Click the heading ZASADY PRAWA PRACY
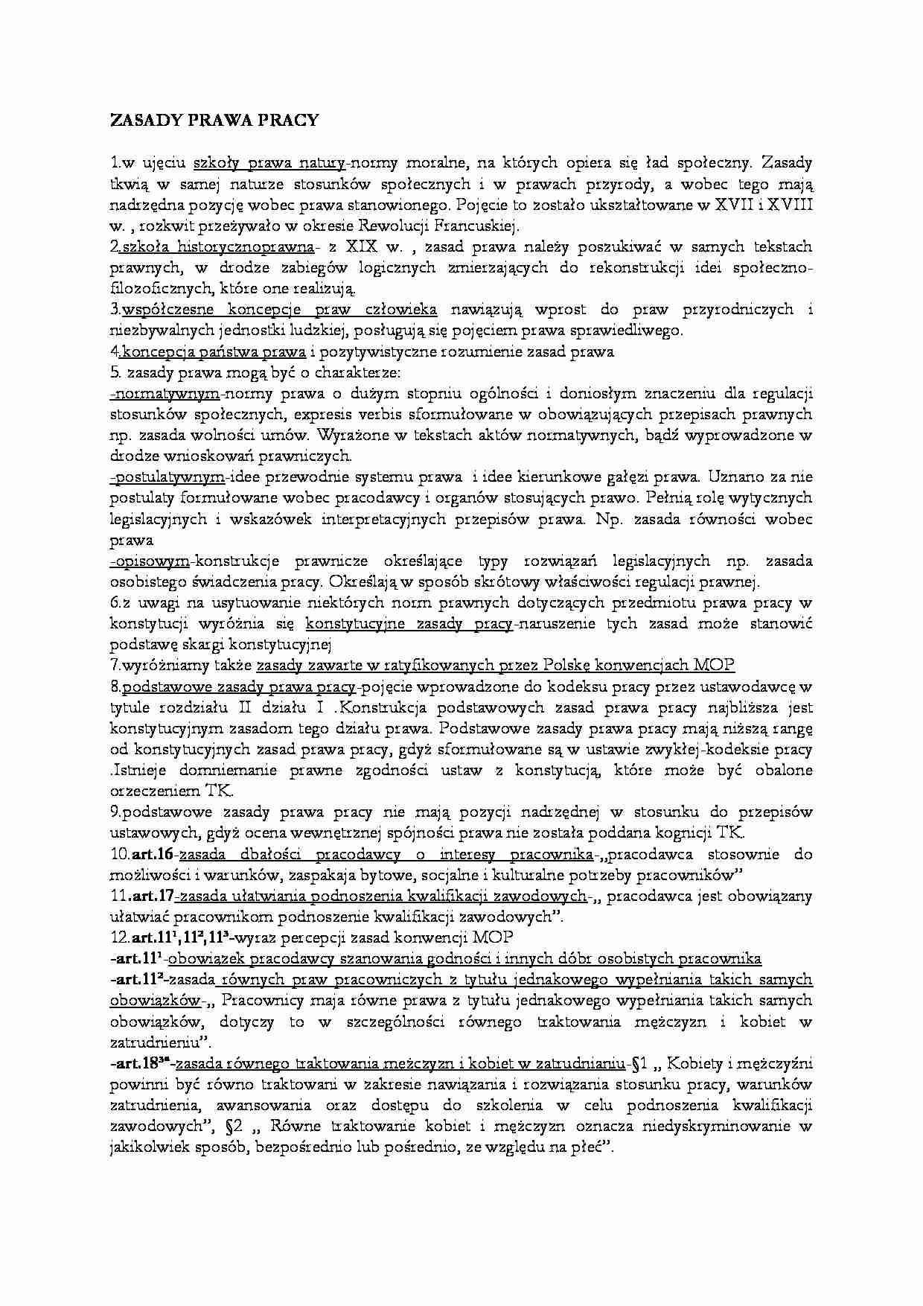[214, 120]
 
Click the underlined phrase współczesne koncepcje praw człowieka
[280, 309]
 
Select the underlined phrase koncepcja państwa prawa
[214, 351]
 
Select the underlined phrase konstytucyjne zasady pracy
[409, 623]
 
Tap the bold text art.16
[152, 854]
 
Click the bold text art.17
[152, 896]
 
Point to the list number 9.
[114, 812]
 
